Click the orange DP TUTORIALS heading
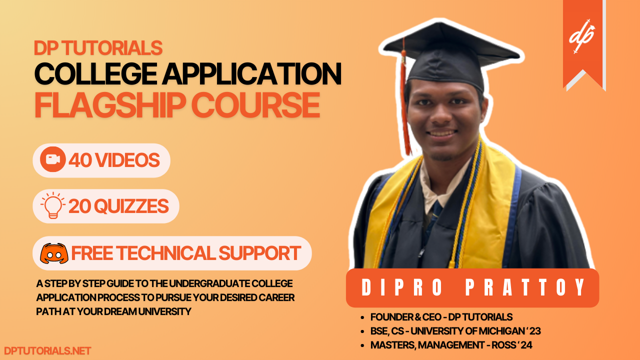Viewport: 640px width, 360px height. click(98, 48)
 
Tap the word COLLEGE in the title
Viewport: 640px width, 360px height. click(94, 74)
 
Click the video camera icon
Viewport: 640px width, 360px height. click(52, 160)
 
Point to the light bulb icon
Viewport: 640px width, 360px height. click(52, 205)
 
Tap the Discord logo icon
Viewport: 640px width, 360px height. click(53, 253)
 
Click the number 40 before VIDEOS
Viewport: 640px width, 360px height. click(81, 160)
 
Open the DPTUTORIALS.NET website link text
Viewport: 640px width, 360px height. click(47, 351)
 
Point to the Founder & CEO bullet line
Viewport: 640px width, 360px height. click(441, 317)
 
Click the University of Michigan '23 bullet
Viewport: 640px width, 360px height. click(455, 331)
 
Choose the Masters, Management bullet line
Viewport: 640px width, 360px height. click(454, 345)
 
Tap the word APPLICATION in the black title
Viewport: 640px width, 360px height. click(251, 74)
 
